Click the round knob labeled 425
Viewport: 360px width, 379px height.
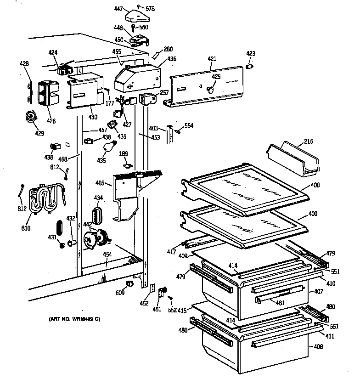point(211,88)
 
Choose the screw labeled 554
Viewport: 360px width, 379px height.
point(177,132)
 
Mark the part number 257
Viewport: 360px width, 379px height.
point(164,93)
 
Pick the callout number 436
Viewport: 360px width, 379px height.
point(171,59)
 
